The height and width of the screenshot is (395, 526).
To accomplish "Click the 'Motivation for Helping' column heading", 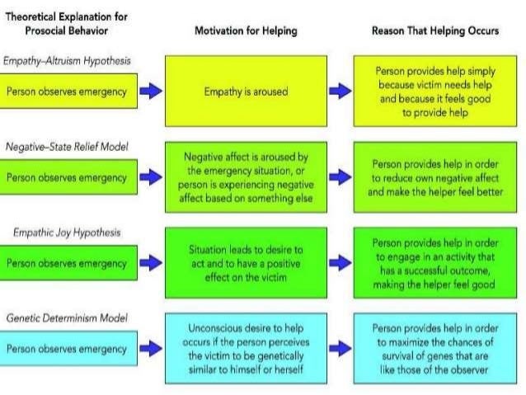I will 246,31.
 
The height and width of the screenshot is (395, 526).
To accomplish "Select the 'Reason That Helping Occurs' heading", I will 435,31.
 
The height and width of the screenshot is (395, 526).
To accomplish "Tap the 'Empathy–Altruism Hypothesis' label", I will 67,60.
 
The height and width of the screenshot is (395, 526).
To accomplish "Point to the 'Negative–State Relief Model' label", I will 68,146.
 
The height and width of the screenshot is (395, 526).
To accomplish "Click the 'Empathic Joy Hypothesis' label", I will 66,233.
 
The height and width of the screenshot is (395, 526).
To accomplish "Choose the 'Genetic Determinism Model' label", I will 67,317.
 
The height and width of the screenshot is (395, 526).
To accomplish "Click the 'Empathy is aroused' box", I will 246,91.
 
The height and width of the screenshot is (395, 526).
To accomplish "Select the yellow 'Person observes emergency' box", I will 68,91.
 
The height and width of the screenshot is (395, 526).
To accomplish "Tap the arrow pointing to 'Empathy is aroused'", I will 151,91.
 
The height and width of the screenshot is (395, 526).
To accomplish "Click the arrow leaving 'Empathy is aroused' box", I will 340,91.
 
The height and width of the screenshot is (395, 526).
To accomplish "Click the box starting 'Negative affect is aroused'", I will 246,176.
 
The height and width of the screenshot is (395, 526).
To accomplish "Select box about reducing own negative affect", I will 437,176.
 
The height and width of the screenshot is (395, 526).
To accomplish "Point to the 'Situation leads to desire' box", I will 246,262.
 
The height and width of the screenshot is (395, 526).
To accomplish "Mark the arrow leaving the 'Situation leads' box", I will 340,262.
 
